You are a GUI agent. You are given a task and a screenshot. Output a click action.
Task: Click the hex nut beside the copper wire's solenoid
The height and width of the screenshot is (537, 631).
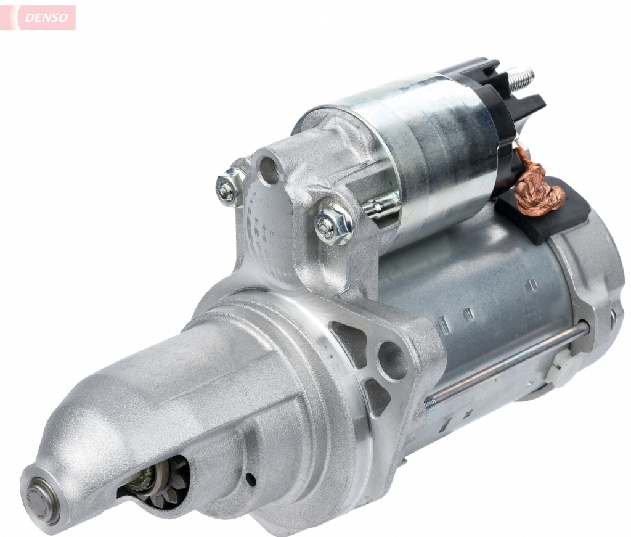(333, 224)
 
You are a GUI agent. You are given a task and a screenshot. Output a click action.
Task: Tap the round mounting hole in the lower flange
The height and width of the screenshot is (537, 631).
(393, 360)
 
